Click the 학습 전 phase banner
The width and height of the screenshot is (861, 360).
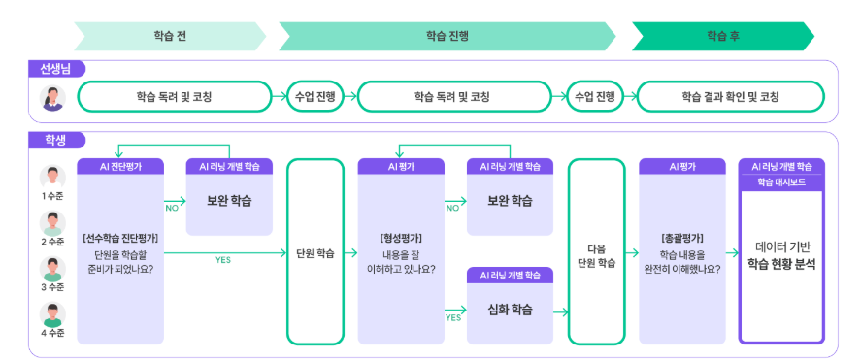point(169,36)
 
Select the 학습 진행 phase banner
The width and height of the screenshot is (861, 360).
point(447,36)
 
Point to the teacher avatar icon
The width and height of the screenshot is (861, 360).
point(51,97)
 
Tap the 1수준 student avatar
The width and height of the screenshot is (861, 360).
point(51,178)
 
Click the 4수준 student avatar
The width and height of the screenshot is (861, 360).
point(51,313)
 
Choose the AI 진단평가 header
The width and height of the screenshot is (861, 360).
point(120,166)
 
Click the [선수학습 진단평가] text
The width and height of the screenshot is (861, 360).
point(120,237)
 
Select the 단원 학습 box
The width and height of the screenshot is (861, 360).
point(315,252)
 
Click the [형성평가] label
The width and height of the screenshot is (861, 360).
point(401,237)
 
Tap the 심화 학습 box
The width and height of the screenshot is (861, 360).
point(510,310)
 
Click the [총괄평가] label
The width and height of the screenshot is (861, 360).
point(682,237)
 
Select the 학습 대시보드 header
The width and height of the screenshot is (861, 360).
point(780,181)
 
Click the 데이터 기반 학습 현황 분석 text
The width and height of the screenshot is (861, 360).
point(780,255)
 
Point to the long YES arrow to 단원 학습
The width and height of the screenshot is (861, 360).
point(223,251)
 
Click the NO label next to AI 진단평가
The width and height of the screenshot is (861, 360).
point(173,207)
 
